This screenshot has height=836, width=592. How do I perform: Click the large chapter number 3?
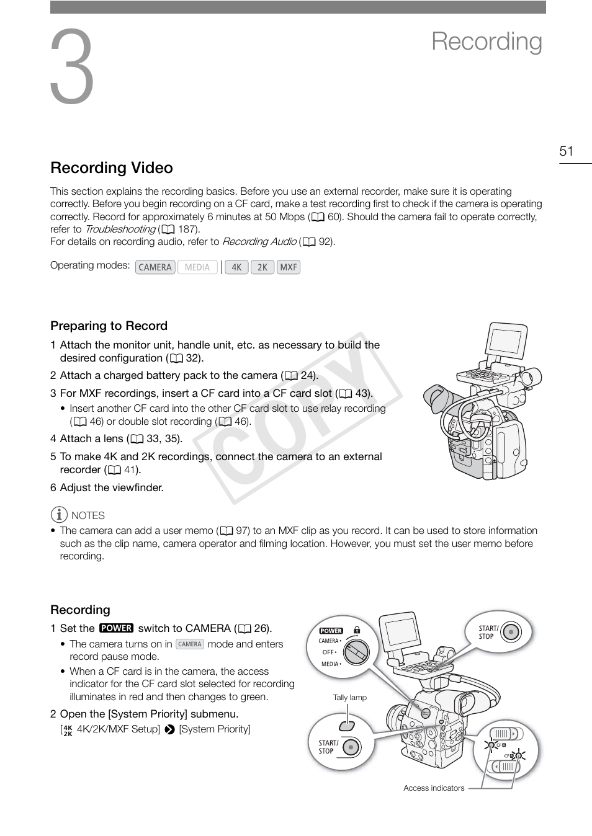[72, 67]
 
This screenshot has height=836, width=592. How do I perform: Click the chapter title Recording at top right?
[487, 42]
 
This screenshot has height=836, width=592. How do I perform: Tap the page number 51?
[566, 151]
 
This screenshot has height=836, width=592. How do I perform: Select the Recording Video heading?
[112, 168]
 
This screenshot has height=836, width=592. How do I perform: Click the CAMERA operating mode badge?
[155, 267]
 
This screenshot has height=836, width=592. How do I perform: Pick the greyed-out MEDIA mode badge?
[197, 267]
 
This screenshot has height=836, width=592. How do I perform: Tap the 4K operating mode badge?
[236, 267]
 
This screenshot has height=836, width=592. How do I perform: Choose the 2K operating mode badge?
[262, 267]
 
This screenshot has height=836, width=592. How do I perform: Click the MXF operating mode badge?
[289, 267]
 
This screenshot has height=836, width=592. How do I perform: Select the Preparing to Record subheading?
[109, 326]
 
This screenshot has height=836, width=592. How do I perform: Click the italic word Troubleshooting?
[120, 229]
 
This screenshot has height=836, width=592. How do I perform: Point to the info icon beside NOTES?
[59, 515]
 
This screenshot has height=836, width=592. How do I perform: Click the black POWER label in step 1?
[116, 628]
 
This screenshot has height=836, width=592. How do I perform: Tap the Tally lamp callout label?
[349, 698]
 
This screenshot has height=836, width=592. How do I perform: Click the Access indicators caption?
[434, 788]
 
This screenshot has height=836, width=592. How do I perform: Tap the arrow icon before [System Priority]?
[169, 730]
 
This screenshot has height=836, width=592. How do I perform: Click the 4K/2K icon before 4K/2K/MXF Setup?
[68, 730]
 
